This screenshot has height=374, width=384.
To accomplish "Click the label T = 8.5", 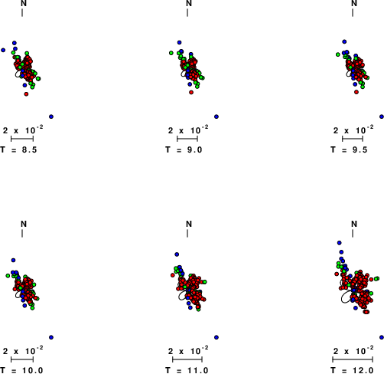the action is tap(18, 149).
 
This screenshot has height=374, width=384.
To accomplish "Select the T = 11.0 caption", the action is tap(187, 370).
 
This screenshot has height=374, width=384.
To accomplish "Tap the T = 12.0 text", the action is tap(352, 370).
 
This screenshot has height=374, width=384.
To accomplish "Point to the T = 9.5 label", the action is tap(349, 149).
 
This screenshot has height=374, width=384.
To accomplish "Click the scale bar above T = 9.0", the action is tap(187, 139).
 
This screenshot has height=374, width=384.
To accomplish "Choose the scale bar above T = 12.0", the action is tap(353, 359).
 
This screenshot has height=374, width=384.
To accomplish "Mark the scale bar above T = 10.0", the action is tap(22, 359).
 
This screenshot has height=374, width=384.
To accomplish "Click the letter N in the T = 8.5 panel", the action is tap(24, 3).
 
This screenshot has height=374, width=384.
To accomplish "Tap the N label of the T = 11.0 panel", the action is tap(189, 224).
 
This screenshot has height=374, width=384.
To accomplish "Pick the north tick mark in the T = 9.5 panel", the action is tap(353, 13).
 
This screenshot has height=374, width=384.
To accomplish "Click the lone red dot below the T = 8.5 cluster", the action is tap(26, 94).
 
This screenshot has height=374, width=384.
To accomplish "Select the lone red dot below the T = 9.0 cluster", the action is tap(191, 92).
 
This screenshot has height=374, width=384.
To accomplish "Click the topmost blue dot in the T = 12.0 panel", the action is tap(340, 243).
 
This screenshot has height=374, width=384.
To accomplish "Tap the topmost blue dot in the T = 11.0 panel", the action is tap(177, 254).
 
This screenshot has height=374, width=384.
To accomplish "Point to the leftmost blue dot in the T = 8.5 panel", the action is tap(3, 50).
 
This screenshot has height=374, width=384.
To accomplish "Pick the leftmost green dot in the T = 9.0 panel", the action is tap(171, 53).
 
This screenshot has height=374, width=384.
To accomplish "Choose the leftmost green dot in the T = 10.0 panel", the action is tap(8, 276).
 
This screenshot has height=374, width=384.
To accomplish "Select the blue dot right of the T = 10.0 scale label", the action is tap(51, 337).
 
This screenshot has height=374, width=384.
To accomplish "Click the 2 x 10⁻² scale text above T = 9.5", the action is tap(353, 130).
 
